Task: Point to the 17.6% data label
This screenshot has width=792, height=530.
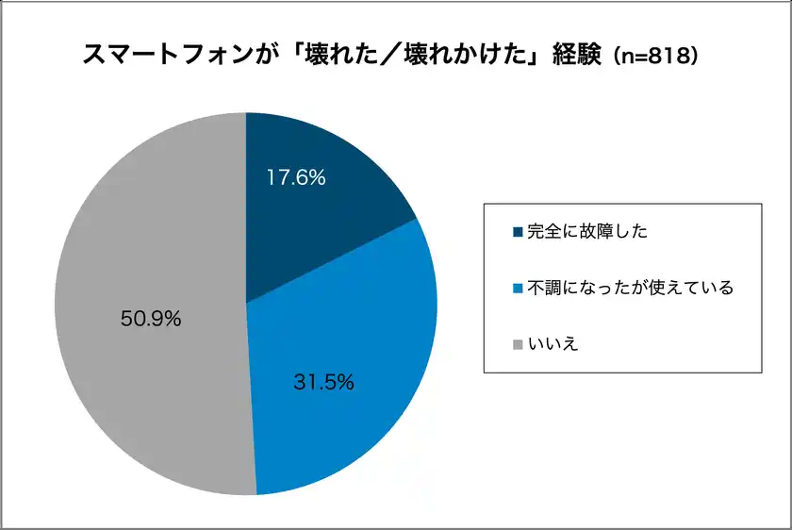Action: [296, 177]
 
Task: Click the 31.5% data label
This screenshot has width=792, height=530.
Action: [323, 382]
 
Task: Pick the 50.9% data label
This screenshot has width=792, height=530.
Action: [151, 319]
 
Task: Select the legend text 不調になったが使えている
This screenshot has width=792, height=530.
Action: [629, 288]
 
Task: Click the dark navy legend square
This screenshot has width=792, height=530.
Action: [517, 232]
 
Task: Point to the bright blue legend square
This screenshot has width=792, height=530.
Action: [517, 288]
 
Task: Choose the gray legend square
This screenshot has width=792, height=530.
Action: [517, 344]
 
